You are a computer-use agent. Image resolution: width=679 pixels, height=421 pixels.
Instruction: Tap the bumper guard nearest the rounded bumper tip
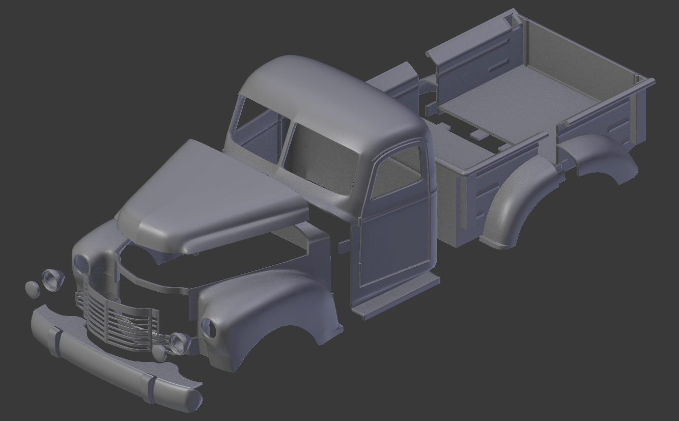(148, 387)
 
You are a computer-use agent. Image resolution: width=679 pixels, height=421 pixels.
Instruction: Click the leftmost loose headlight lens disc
(32, 289)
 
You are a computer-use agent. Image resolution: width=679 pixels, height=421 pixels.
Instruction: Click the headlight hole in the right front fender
(209, 328)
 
